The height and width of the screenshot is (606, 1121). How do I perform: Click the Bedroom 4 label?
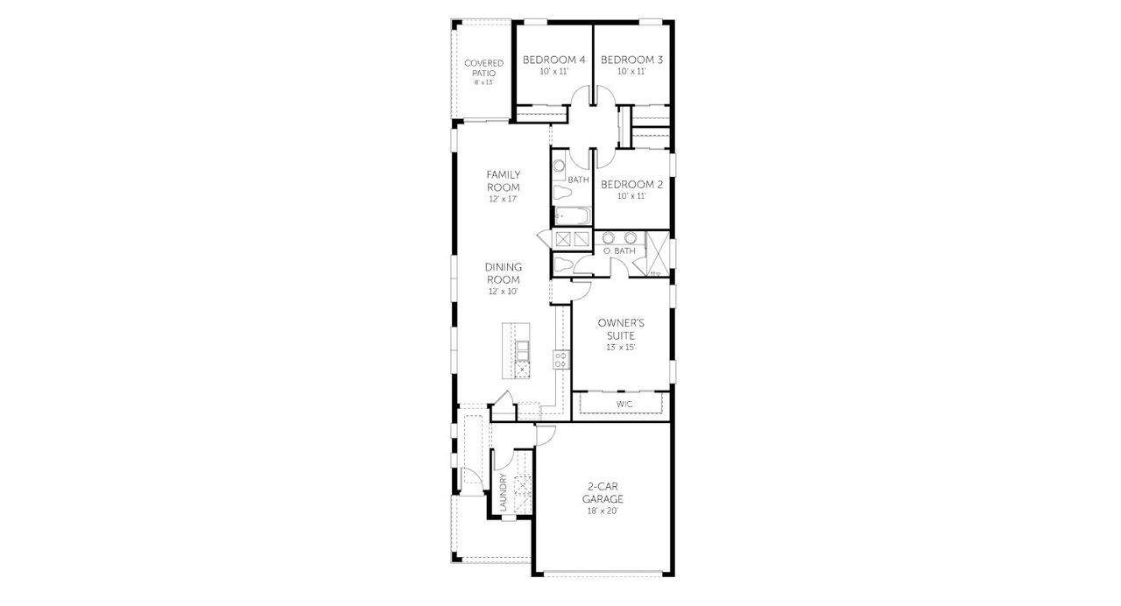(553, 60)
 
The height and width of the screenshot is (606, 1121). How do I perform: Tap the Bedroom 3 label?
(631, 60)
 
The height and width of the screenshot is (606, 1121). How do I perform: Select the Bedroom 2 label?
(631, 185)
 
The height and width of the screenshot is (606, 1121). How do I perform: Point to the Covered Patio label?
(484, 67)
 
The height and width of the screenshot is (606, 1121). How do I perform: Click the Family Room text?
(504, 181)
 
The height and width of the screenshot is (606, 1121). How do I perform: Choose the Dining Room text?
(504, 272)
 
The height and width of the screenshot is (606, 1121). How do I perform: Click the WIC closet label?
(624, 404)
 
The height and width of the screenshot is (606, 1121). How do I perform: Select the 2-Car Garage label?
(603, 492)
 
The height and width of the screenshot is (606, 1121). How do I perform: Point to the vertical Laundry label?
(504, 493)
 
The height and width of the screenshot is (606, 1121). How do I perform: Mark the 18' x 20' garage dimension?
(603, 511)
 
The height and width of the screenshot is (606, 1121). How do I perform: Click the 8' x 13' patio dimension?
(484, 82)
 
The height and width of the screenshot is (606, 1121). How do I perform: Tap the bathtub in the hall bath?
(573, 215)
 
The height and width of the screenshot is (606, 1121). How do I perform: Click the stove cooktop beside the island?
(561, 358)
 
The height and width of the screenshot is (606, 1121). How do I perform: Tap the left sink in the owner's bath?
(609, 237)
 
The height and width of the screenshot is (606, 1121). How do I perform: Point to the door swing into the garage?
(546, 433)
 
